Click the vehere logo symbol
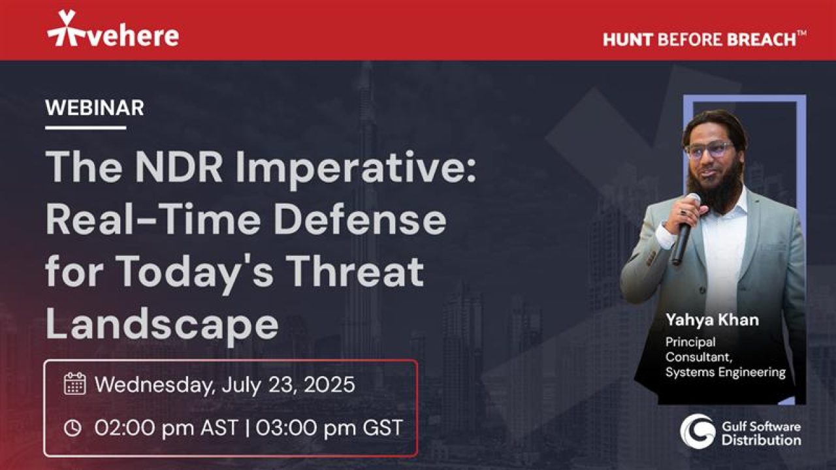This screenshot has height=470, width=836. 66,29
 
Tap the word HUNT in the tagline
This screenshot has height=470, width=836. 627,39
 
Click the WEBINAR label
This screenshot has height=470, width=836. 95,108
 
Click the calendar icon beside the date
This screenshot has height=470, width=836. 74,384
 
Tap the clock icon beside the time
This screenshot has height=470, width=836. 73,428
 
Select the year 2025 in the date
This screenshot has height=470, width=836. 328,384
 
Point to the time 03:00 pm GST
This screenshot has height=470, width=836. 329,428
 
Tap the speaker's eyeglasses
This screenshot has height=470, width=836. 709,149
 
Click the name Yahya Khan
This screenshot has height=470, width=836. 712,320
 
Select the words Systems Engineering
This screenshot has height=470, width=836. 725,373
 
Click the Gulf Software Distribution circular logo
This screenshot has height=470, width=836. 697,431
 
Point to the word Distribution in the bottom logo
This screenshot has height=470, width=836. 761,440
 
